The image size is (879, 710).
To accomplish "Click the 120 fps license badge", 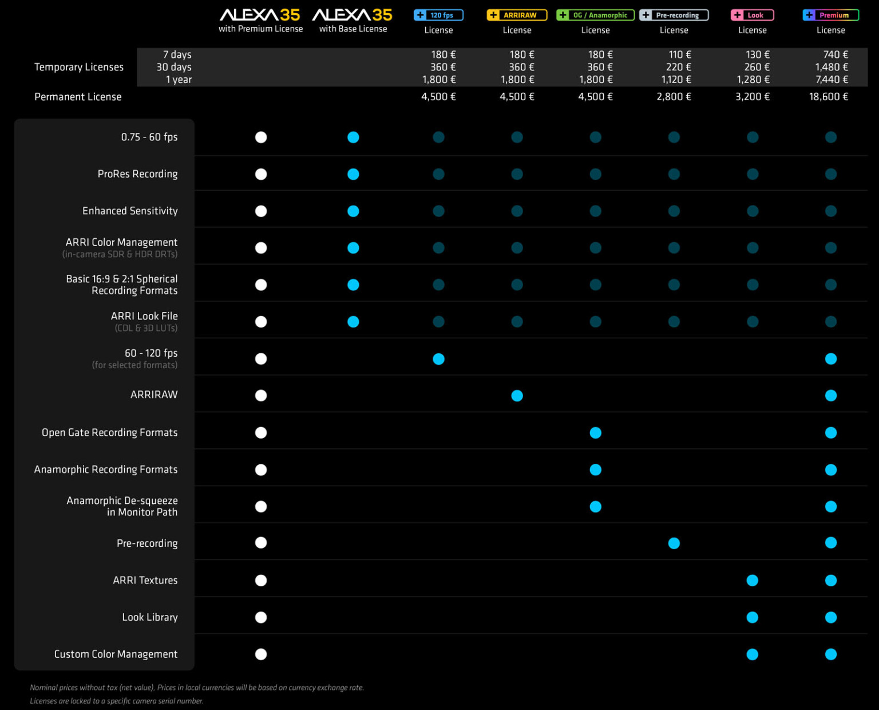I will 438,15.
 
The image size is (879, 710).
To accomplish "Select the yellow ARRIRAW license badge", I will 517,15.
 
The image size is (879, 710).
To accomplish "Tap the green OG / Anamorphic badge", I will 595,15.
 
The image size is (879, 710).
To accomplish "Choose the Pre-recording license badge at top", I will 674,15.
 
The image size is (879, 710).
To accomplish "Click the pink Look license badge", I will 752,15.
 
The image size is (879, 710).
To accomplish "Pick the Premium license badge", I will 830,15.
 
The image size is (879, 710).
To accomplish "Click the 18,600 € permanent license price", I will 828,97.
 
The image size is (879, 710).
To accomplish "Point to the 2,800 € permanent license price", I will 674,97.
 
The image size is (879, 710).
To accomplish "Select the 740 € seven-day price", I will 836,55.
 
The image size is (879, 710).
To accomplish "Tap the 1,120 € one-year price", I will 676,80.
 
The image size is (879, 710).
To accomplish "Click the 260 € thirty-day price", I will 757,68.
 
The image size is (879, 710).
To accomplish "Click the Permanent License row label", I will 78,97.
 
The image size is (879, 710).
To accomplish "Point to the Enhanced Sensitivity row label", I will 130,211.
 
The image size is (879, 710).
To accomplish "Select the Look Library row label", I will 149,617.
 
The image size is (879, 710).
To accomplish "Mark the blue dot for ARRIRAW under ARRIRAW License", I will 517,396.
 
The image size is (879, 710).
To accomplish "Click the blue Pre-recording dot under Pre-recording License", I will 674,543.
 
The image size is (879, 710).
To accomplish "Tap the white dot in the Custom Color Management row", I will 261,654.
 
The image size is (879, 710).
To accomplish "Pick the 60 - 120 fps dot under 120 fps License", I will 438,359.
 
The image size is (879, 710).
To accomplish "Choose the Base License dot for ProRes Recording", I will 353,174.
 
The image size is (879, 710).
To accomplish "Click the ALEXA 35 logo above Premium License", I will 260,15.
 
